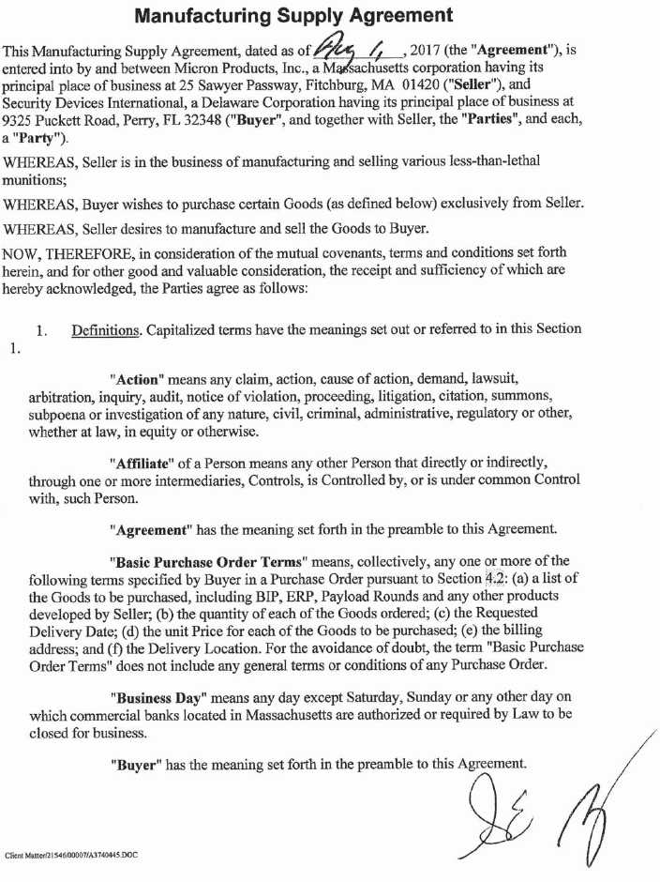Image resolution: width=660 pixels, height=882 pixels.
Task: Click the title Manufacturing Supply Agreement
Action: point(294,16)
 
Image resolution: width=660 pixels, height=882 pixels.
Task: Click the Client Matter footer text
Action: point(72,855)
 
